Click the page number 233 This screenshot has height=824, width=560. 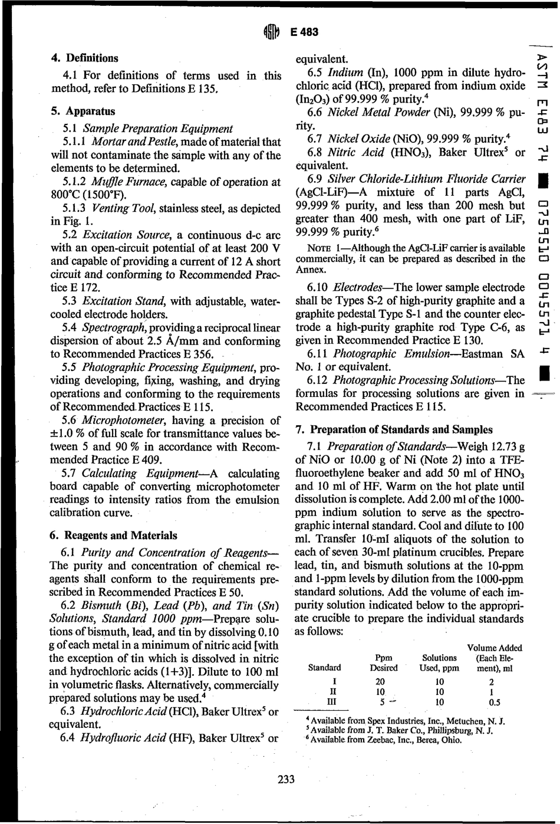coord(286,779)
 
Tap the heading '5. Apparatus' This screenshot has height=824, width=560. coord(83,111)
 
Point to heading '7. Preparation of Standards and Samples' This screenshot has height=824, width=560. coord(394,429)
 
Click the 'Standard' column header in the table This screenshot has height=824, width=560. coord(324,668)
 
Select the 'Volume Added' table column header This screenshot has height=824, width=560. coord(494,648)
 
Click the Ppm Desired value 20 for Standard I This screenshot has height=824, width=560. coord(380,681)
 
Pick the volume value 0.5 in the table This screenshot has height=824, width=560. coord(494,702)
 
